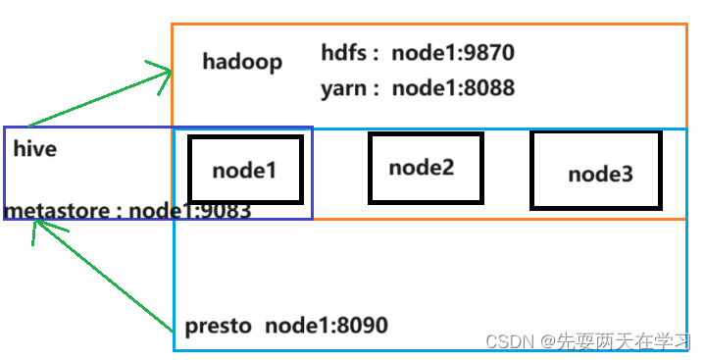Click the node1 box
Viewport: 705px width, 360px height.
[x=245, y=170]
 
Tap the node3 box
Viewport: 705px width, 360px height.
[x=595, y=170]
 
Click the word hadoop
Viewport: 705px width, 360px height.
[x=242, y=62]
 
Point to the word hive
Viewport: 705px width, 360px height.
[x=35, y=150]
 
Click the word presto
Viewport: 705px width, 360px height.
[x=218, y=326]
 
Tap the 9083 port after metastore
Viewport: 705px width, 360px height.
[x=227, y=211]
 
